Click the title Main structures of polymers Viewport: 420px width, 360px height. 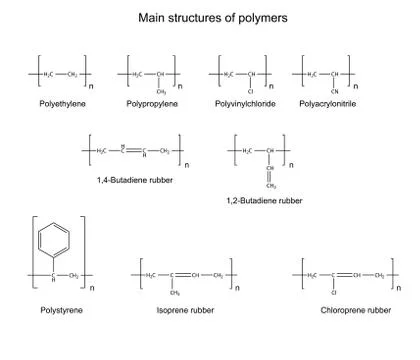(210, 18)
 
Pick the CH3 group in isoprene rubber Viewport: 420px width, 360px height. (174, 293)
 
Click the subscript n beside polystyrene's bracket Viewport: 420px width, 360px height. (92, 289)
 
